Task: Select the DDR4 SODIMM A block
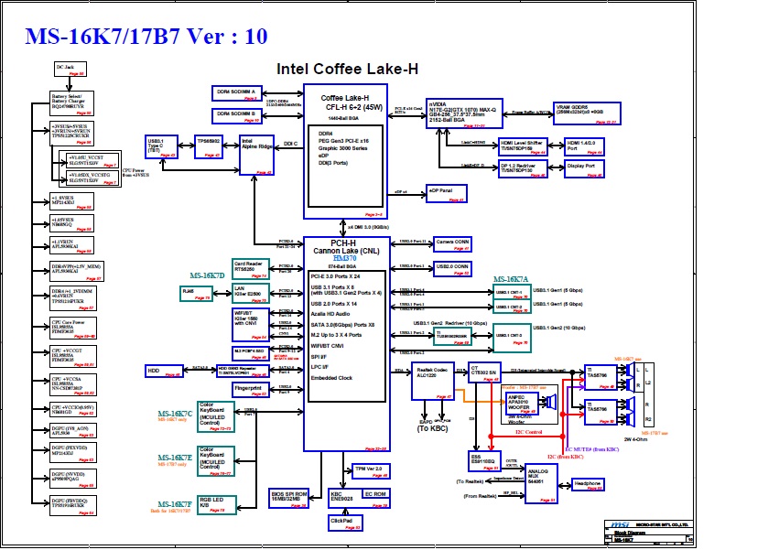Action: pyautogui.click(x=237, y=92)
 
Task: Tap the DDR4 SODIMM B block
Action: pyautogui.click(x=237, y=114)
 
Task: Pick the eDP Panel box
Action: pyautogui.click(x=447, y=192)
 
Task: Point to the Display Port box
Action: pyautogui.click(x=582, y=167)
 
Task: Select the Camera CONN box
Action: pyautogui.click(x=452, y=243)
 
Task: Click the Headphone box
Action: pyautogui.click(x=580, y=483)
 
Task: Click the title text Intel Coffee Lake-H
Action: pyautogui.click(x=348, y=69)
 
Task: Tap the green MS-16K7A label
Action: pyautogui.click(x=510, y=279)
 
